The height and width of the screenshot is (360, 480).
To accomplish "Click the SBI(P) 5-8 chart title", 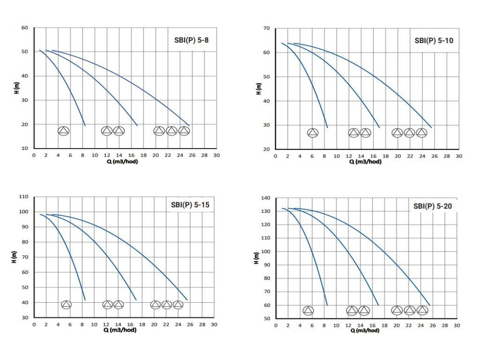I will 188,40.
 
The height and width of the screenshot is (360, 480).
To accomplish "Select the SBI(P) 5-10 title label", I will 434,40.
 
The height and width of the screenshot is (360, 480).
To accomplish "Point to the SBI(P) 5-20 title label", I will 433,205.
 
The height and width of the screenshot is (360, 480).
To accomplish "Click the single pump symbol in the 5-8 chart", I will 63,131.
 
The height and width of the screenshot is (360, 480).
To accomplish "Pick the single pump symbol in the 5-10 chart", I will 313,133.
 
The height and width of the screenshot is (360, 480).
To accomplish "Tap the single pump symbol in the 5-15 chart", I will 66,305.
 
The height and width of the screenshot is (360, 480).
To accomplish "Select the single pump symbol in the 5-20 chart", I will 308,310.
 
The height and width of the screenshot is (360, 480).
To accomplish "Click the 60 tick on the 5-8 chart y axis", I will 25,28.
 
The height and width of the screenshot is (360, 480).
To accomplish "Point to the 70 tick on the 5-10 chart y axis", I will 266,29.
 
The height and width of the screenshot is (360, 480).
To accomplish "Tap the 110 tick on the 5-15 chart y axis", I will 23,196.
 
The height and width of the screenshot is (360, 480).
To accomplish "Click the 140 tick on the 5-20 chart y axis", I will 265,198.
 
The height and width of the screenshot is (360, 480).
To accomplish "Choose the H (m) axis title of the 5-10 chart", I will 259,89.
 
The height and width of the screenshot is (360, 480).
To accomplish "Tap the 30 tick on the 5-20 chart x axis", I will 457,325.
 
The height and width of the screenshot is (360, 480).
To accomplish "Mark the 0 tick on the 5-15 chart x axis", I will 34,324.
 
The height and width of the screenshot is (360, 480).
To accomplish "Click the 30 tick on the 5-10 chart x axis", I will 458,156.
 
